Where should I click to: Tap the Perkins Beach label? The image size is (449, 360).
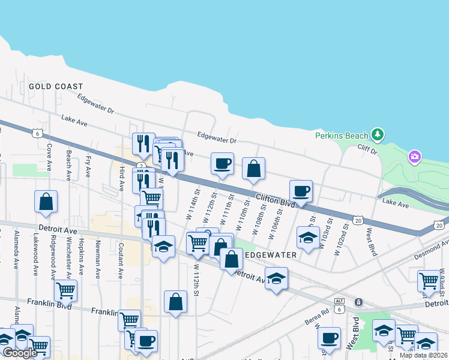point(343,134)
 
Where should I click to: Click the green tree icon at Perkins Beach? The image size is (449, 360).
point(377,134)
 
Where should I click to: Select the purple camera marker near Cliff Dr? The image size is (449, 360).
point(414,157)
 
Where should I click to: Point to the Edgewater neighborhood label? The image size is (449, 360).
point(271,255)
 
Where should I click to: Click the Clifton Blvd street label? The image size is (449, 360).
point(276,200)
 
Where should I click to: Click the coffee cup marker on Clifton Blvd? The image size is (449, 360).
point(300,191)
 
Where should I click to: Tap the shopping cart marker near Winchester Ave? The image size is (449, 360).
point(65,291)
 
